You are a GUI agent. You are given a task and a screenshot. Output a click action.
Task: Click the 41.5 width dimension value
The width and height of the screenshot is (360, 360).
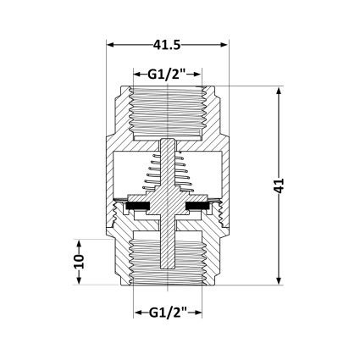coord(167,45)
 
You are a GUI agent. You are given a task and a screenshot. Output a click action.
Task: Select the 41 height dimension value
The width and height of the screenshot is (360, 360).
coord(279,186)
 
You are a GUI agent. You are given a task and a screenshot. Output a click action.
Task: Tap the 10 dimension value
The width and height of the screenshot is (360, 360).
coord(79,262)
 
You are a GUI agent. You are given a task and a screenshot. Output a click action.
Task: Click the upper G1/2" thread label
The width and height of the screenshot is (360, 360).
coord(167,75)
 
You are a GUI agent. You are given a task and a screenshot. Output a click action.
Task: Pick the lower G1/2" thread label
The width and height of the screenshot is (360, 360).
coord(168,313)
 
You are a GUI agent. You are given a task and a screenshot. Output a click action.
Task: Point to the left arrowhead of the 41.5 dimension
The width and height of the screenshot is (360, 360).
coord(110,45)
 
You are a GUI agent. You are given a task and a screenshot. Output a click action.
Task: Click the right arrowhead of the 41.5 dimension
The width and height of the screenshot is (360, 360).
coord(224,45)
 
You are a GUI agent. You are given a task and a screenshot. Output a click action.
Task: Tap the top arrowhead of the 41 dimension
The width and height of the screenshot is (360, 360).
coord(279,91)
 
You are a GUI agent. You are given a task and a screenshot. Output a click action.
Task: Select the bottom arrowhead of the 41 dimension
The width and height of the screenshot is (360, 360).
coord(279,280)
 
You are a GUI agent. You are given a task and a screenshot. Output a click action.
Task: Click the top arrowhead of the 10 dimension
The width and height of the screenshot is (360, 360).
coord(79,244)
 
